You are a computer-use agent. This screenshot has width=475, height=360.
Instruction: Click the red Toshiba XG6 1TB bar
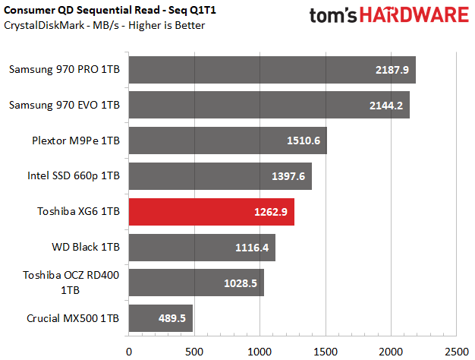[211, 212]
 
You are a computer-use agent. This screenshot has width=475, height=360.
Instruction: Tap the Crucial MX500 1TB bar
[160, 318]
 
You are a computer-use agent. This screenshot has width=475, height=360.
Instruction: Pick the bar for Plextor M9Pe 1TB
[228, 141]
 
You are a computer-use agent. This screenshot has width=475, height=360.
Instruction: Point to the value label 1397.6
[288, 176]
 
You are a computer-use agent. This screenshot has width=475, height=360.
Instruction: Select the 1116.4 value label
[251, 248]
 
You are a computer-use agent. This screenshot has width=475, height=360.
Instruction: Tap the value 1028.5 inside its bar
[240, 283]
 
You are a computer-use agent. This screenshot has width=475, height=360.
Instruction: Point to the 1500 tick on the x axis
[326, 351]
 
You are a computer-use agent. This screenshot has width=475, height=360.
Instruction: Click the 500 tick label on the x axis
[194, 351]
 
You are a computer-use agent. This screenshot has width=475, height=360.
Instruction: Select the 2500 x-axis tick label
[456, 351]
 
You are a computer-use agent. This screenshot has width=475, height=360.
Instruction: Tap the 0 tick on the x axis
[129, 351]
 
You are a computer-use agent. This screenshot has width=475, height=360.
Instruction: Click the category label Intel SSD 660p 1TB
[73, 176]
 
